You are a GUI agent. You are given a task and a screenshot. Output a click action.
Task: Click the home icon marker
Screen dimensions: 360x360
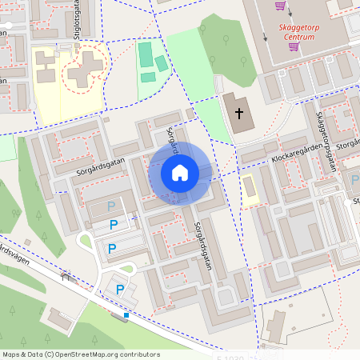tap(179, 172)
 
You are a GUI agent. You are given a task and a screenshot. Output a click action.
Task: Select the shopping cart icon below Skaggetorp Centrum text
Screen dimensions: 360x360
tap(294, 46)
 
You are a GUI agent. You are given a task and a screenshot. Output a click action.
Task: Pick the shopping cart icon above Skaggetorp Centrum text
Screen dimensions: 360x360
tap(280, 6)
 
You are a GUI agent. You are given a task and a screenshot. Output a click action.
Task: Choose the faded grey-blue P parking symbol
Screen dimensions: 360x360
tap(111, 206)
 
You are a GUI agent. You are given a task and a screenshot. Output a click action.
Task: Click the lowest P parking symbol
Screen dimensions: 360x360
tap(120, 290)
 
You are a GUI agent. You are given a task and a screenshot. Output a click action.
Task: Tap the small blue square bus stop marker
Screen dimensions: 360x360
tap(126, 315)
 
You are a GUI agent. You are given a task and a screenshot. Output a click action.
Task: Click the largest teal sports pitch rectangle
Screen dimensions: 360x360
tap(145, 54)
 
